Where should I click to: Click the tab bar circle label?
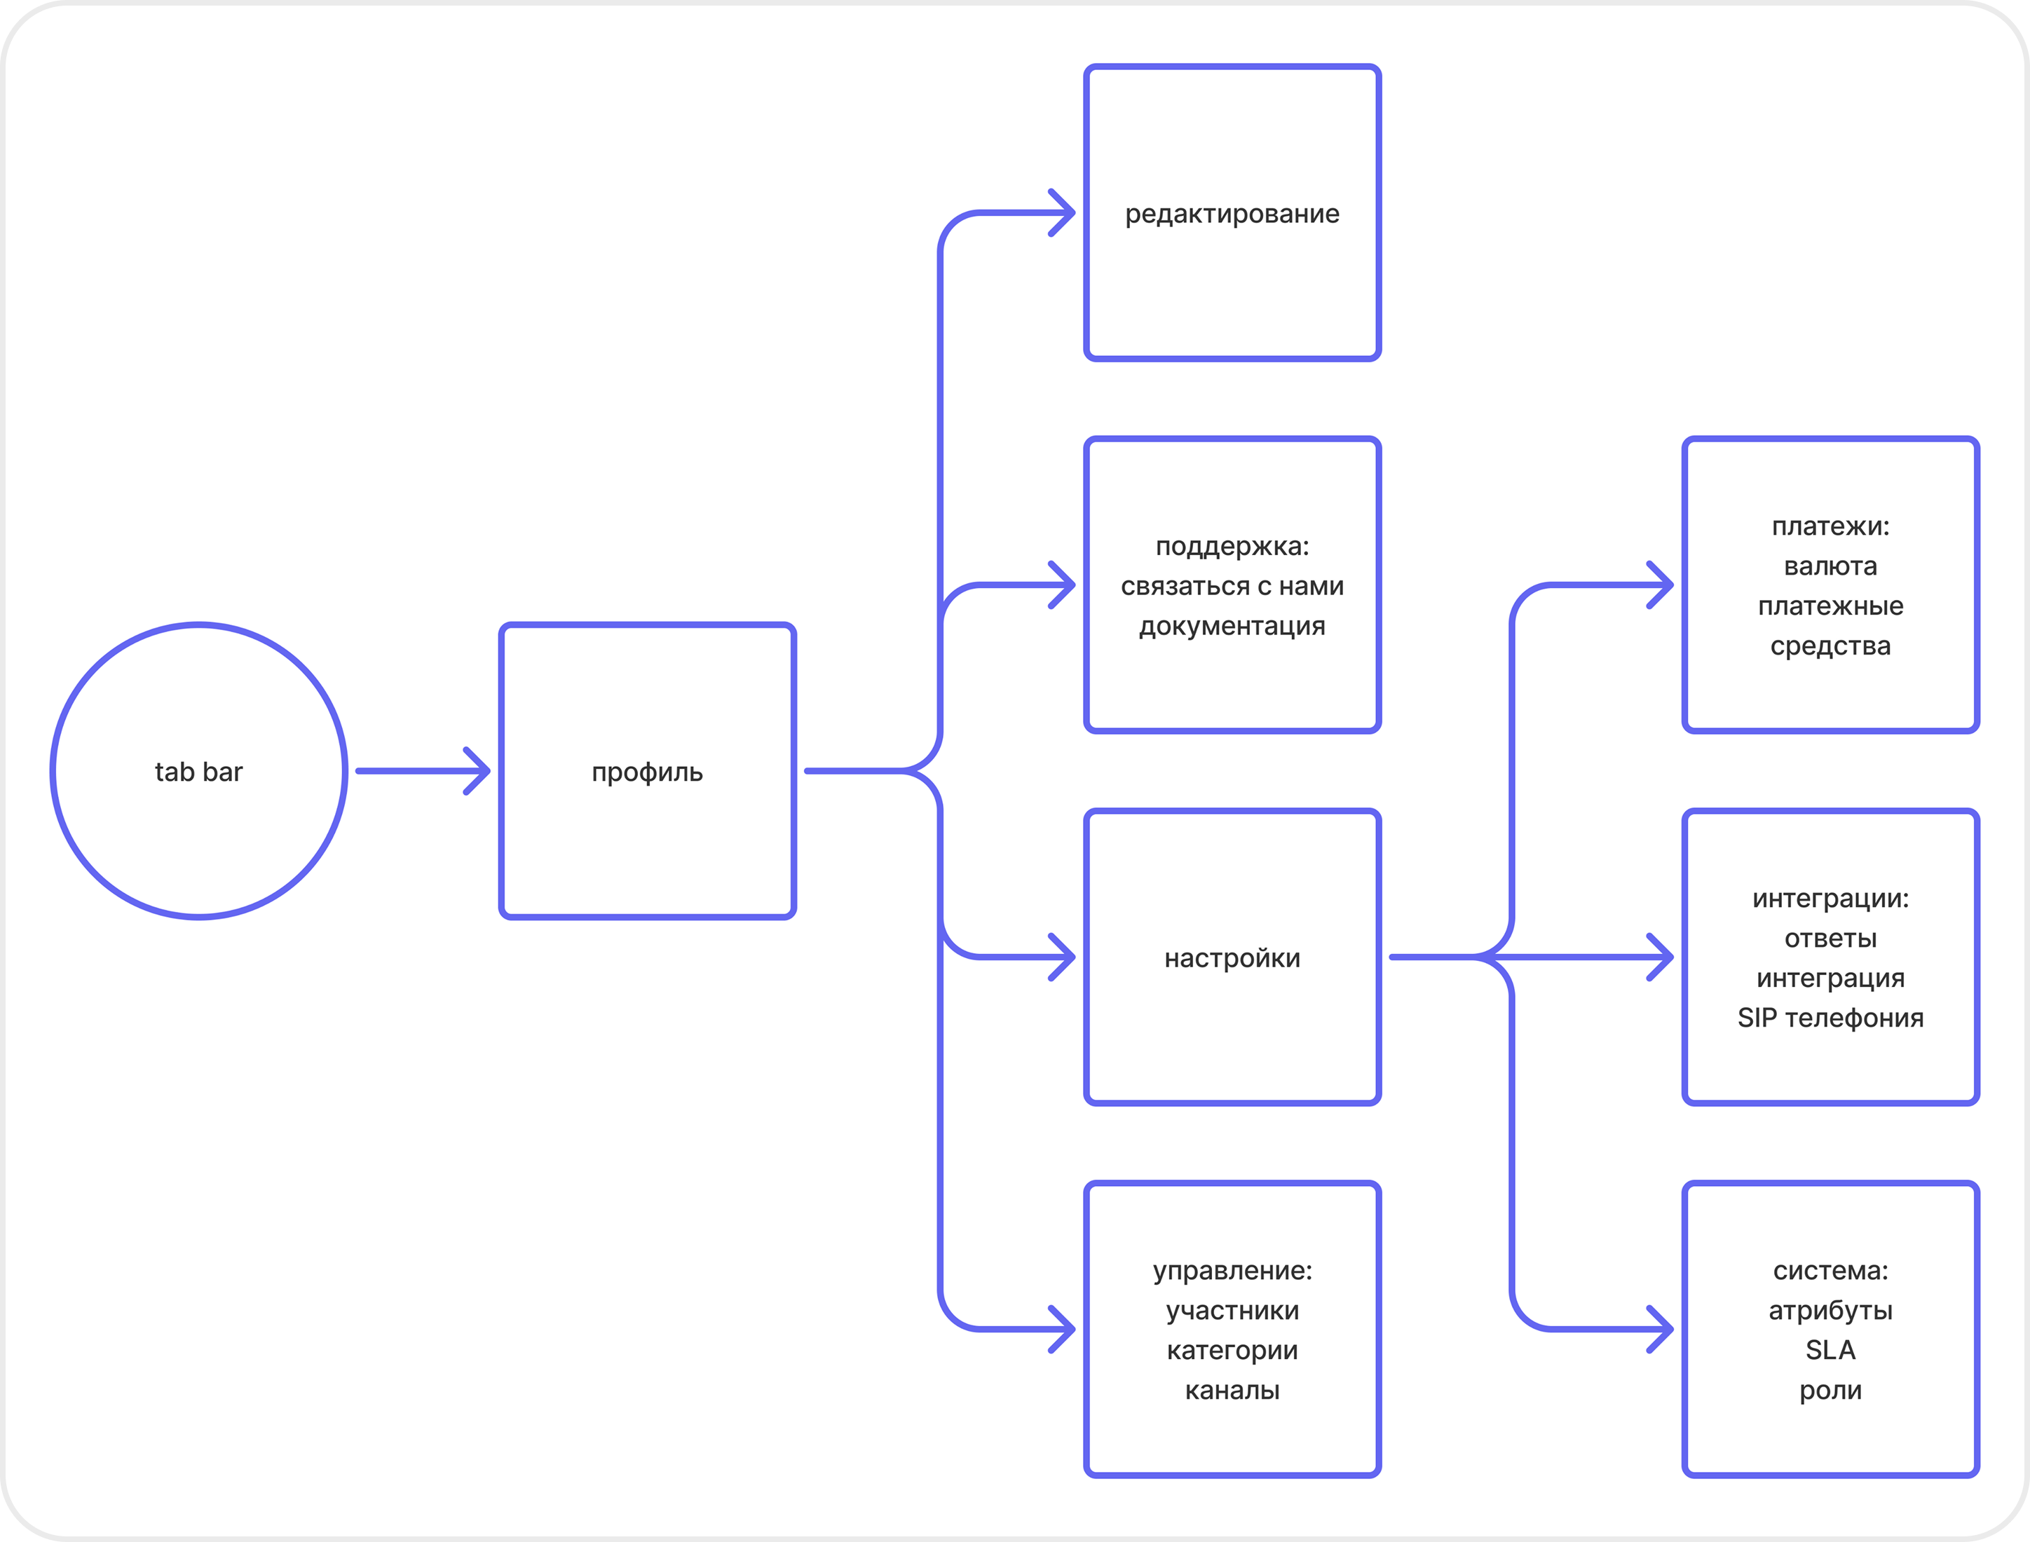(198, 772)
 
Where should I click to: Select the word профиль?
(647, 773)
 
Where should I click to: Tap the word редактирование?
(1232, 214)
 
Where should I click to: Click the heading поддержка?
(1232, 547)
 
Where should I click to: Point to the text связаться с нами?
(1232, 587)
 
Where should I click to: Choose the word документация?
(1232, 627)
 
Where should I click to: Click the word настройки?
(1232, 958)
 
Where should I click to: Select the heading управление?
(1232, 1271)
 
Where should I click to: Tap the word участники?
(1232, 1311)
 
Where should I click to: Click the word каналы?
(1232, 1391)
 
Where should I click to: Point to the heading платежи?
(1830, 527)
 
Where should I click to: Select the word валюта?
(1830, 566)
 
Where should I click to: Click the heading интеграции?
(1830, 899)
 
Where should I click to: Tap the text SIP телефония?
(1830, 1018)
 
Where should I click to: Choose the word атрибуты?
(1830, 1311)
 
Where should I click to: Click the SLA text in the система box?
(1830, 1350)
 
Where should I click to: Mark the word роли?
(1830, 1391)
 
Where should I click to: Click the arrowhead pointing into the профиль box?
(477, 771)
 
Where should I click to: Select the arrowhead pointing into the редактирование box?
(1062, 213)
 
